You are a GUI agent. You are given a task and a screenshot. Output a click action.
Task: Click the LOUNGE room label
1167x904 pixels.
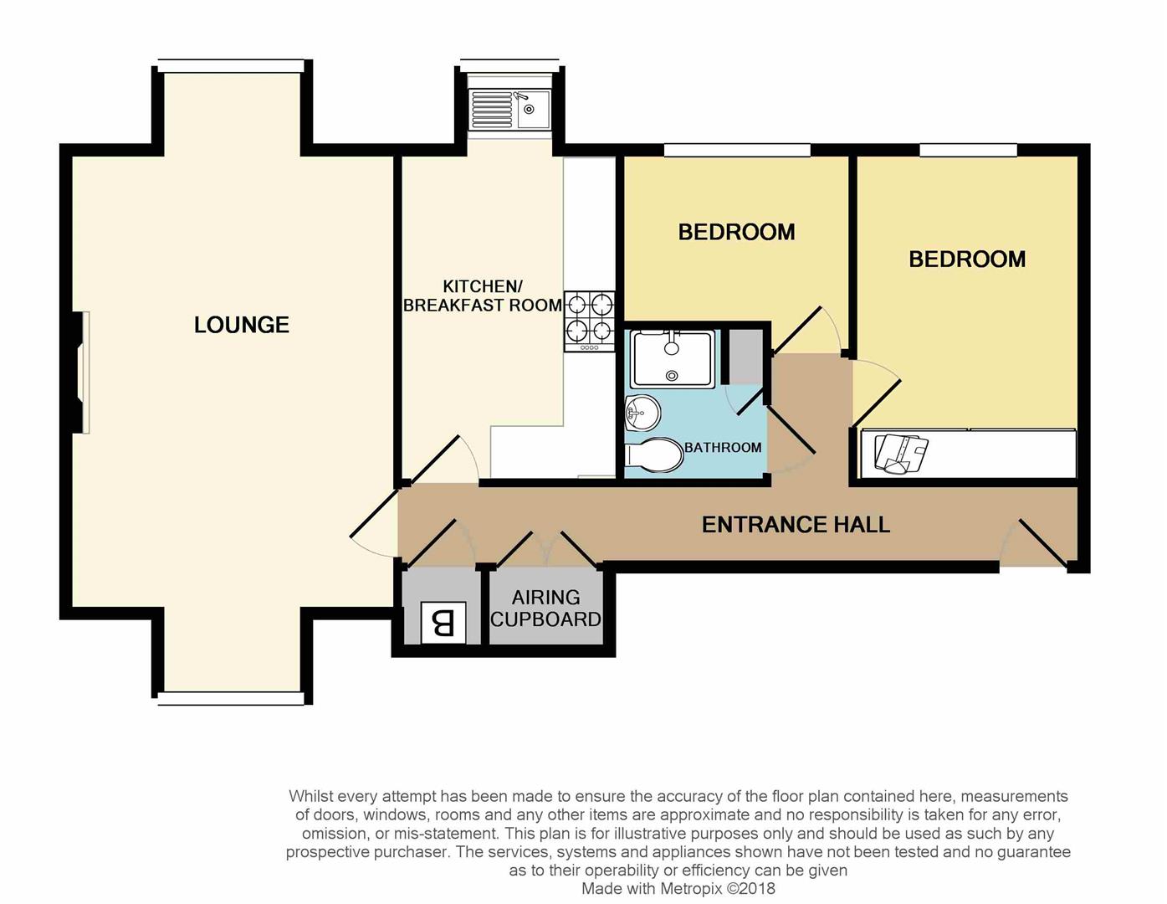(x=242, y=325)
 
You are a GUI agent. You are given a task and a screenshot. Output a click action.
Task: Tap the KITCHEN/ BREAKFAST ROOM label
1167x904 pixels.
(x=482, y=296)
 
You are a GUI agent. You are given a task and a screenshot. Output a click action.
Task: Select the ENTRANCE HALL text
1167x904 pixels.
(x=796, y=525)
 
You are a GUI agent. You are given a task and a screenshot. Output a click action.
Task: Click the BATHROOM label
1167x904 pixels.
(x=722, y=448)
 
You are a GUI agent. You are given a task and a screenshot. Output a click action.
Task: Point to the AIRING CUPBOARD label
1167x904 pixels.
(x=545, y=609)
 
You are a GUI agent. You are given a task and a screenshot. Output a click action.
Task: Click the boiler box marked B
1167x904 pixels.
(x=443, y=623)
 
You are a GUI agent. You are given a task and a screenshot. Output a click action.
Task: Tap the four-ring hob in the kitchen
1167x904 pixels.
(x=589, y=321)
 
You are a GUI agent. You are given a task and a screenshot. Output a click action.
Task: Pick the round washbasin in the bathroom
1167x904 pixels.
(x=642, y=413)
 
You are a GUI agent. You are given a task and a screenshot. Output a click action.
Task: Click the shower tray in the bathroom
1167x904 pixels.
(x=673, y=359)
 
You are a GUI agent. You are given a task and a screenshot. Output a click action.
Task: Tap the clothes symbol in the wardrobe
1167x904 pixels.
(x=902, y=454)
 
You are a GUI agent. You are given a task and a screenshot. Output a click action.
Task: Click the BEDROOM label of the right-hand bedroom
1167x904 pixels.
(x=967, y=259)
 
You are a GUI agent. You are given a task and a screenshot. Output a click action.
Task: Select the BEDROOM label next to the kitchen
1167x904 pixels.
(x=736, y=232)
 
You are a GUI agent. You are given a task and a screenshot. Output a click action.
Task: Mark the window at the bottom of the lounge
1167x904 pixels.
(x=231, y=698)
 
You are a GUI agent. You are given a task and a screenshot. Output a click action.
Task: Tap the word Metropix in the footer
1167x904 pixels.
(x=690, y=888)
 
